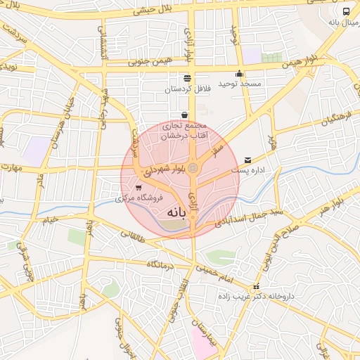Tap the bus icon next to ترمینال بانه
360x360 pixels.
point(346,11)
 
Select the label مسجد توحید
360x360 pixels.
point(239,84)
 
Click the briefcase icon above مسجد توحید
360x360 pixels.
point(239,74)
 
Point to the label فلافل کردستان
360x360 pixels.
point(186,89)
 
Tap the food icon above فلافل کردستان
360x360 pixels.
point(186,79)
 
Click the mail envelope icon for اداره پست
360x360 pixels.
point(247,160)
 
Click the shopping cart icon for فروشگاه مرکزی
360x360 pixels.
point(139,188)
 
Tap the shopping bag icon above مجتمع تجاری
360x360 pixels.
point(184,115)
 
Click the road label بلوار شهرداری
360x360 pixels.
point(163,171)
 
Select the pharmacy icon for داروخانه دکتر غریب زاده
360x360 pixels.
point(256,287)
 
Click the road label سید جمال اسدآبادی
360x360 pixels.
point(259,215)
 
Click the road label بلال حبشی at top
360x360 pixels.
point(152,11)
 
